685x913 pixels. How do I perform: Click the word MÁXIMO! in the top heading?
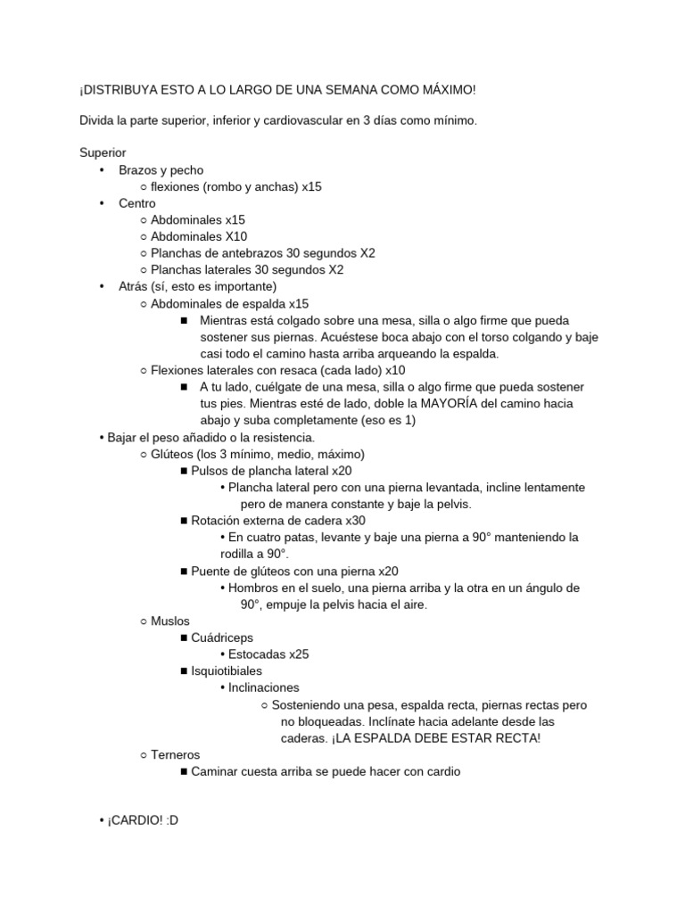pyautogui.click(x=443, y=90)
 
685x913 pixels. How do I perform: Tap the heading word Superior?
pyautogui.click(x=103, y=152)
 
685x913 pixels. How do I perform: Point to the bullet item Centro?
pyautogui.click(x=136, y=203)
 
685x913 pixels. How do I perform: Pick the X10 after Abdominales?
pyautogui.click(x=236, y=236)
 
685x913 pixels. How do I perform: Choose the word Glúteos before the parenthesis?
pyautogui.click(x=172, y=454)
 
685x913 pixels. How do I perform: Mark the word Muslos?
pyautogui.click(x=170, y=621)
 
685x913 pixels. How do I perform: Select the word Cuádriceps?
pyautogui.click(x=222, y=637)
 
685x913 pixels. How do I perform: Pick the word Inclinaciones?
pyautogui.click(x=264, y=687)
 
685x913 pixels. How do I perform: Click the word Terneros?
pyautogui.click(x=176, y=754)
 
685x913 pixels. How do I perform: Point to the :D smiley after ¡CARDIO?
pyautogui.click(x=172, y=820)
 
